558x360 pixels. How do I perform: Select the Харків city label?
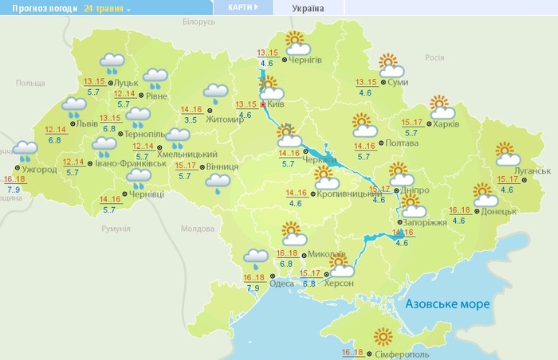[446, 123]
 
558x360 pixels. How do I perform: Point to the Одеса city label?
[281, 284]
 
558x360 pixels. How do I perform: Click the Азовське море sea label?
[446, 304]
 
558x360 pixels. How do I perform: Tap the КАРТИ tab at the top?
[242, 7]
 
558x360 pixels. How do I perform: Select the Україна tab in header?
[308, 7]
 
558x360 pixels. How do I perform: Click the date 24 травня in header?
[106, 8]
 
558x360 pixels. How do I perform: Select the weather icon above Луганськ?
[506, 154]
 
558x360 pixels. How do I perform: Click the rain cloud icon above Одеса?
[256, 257]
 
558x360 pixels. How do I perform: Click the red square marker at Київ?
[262, 104]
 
